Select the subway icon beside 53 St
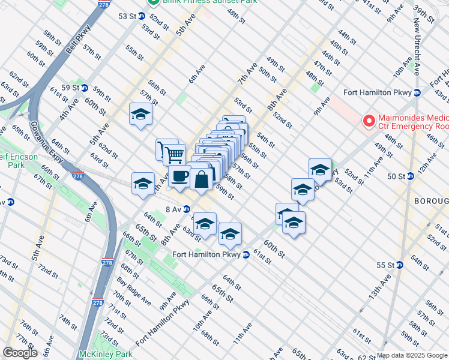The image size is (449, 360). point(142,16)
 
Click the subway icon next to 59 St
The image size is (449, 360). point(85,88)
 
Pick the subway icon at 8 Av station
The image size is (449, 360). point(187,209)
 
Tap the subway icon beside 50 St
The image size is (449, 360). point(410,176)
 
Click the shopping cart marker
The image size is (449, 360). point(174,154)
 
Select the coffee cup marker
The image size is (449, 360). point(179,176)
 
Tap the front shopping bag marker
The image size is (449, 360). point(202,178)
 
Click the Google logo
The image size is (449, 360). point(20,353)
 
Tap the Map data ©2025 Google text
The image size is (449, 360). point(411,355)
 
